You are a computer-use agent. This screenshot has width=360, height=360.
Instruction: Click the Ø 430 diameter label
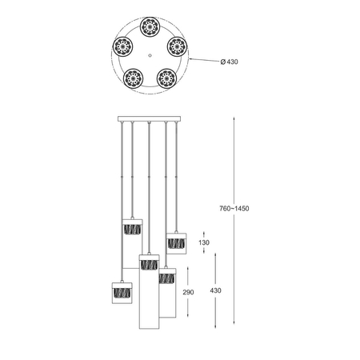229,62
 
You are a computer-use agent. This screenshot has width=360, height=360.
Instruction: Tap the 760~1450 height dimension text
234,208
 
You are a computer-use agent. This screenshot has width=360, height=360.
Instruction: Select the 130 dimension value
204,242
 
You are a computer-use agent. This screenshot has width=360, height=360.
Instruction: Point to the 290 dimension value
188,292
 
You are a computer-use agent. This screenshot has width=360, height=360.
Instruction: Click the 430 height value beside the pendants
215,290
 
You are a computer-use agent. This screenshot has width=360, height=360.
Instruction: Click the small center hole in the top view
150,55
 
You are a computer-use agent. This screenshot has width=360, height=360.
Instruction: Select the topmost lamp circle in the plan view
150,27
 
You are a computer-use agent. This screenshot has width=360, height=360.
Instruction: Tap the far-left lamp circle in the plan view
122,46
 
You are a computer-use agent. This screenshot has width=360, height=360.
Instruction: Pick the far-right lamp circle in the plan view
177,46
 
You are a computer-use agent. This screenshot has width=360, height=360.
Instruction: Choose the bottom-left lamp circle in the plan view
133,78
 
